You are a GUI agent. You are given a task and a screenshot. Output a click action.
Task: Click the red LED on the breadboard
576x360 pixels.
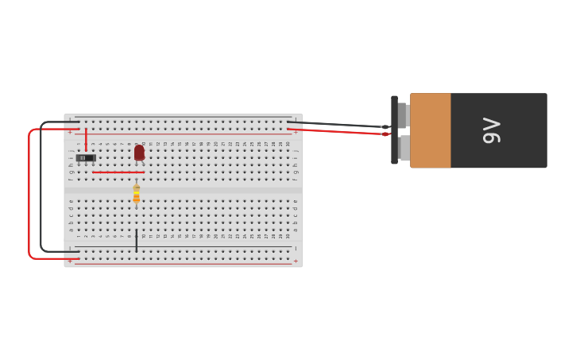coord(139,152)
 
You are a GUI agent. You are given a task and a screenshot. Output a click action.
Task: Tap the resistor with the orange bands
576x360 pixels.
coord(136,193)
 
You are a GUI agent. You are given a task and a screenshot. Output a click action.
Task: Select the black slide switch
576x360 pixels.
coord(86,158)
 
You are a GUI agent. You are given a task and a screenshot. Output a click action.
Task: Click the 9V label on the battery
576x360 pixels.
coord(492,130)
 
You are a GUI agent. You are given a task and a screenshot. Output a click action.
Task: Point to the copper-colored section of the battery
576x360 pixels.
coord(431,130)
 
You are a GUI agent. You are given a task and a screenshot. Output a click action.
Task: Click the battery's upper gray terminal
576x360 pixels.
coord(403,115)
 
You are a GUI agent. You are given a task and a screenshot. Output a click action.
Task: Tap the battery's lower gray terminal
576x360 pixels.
coord(404,148)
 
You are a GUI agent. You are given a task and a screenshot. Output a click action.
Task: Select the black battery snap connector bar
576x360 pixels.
coord(394,130)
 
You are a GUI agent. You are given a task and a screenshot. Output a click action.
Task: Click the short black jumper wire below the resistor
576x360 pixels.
coord(136,241)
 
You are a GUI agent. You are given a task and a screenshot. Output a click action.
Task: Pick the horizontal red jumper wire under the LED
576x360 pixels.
coord(118,172)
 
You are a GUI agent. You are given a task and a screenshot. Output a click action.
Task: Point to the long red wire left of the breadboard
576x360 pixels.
coord(29,195)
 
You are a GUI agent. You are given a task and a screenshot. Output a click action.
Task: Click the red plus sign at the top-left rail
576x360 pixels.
coord(70,132)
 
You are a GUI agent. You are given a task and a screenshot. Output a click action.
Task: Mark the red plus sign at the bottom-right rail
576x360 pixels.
coord(296,261)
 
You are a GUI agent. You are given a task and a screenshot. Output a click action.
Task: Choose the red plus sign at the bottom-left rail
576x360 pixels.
coord(70,261)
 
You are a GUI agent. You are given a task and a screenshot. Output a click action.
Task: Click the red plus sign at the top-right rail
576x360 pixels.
coord(296,132)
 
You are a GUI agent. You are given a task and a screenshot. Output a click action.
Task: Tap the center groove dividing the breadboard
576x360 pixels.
coord(183,191)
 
